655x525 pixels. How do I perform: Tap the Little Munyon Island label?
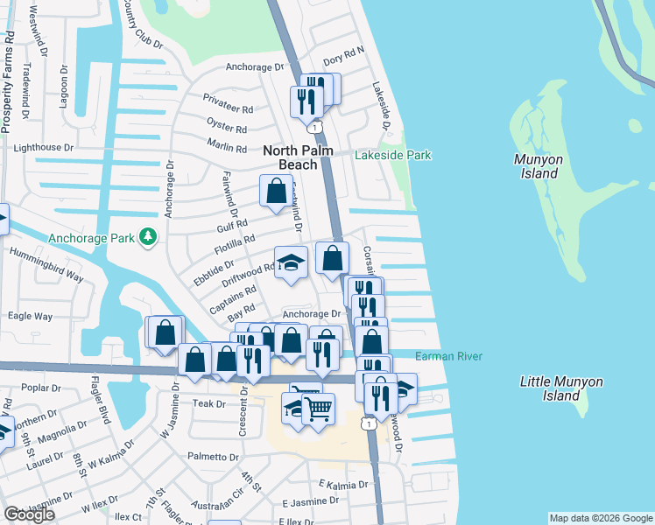point(561,388)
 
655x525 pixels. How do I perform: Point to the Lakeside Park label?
point(393,155)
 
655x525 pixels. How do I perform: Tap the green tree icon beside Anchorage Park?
point(148,236)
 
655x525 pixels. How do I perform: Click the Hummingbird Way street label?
point(46,265)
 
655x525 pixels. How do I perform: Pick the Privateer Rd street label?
point(228,104)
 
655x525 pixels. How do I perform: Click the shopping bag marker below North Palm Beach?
point(276,191)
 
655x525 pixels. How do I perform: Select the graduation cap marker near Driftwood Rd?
point(291,262)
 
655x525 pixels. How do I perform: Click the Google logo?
point(30,514)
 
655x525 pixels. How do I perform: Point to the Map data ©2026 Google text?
point(600,518)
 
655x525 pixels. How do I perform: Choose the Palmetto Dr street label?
point(213,457)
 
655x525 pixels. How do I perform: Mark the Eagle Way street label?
point(31,316)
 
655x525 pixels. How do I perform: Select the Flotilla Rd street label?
point(236,245)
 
